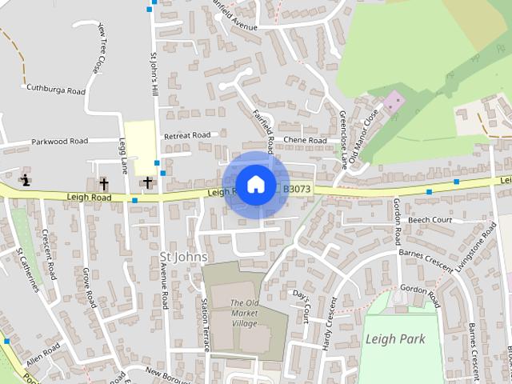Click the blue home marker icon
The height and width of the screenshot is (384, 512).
click(255, 184)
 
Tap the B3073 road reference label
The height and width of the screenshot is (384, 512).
click(296, 190)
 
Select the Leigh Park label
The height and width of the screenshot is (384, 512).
click(394, 338)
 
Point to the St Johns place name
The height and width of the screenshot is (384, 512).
click(183, 257)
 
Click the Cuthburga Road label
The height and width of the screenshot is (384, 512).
click(55, 90)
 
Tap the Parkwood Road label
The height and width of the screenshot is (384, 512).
click(59, 142)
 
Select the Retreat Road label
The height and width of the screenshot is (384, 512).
click(186, 136)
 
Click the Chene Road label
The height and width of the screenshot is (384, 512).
click(305, 141)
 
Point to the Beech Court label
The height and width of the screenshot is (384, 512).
click(430, 220)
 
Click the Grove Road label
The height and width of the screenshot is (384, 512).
click(89, 288)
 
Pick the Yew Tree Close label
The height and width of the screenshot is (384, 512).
click(100, 47)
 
